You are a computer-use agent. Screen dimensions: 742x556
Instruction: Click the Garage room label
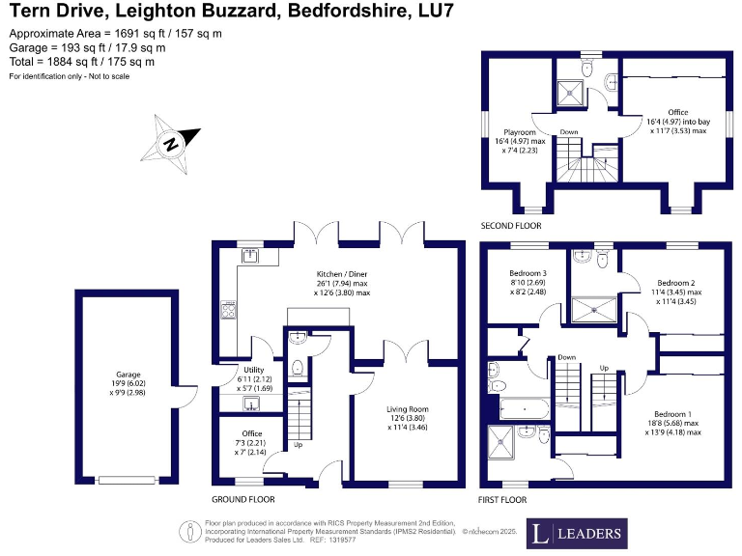[x=128, y=383]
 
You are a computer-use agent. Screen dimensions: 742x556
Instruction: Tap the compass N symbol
[x=171, y=144]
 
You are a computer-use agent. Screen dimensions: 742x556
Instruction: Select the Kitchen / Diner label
[x=342, y=283]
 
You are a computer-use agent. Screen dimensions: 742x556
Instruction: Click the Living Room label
[x=408, y=418]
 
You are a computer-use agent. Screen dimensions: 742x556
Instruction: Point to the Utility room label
[x=254, y=379]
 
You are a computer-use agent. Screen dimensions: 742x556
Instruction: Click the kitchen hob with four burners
[x=228, y=310]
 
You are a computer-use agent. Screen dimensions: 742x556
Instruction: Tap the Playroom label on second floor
[x=520, y=141]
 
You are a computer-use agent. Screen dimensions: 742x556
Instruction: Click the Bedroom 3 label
[x=528, y=282]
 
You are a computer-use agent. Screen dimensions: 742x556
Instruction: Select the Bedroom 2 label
[x=675, y=292]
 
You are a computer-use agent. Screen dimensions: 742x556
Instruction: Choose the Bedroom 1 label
[x=672, y=423]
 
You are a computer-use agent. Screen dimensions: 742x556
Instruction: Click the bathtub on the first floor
[x=524, y=408]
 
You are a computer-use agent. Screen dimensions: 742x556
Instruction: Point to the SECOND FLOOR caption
[x=511, y=226]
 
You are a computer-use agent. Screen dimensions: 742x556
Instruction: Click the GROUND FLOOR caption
[x=243, y=499]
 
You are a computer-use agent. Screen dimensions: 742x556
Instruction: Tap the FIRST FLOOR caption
[x=502, y=500]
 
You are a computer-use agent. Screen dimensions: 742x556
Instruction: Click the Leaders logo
[x=577, y=534]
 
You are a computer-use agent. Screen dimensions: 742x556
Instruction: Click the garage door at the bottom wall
[x=127, y=481]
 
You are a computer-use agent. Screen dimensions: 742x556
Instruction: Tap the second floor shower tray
[x=570, y=93]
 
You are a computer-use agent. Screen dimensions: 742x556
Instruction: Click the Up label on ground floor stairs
[x=299, y=444]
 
